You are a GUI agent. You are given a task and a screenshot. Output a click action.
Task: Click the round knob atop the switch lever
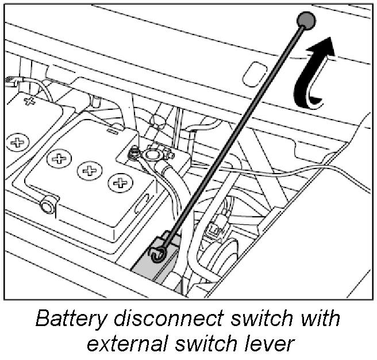pos(306,22)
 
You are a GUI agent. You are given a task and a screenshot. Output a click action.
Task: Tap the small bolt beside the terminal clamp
pos(132,153)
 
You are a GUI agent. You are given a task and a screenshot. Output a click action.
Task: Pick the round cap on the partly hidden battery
pos(17,141)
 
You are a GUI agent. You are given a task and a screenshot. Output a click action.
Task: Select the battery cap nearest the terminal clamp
pos(120,183)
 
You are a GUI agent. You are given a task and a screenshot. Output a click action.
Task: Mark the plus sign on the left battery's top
pos(28,102)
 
